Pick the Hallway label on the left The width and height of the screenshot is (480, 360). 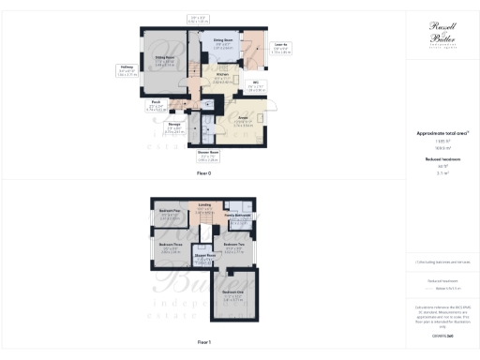pyautogui.click(x=127, y=67)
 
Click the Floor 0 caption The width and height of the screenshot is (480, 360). pyautogui.click(x=203, y=174)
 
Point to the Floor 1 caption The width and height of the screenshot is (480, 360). pyautogui.click(x=204, y=344)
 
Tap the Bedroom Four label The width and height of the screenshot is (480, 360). pyautogui.click(x=170, y=212)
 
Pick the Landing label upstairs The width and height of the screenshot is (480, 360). pyautogui.click(x=204, y=206)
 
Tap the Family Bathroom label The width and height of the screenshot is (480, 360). pyautogui.click(x=235, y=216)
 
